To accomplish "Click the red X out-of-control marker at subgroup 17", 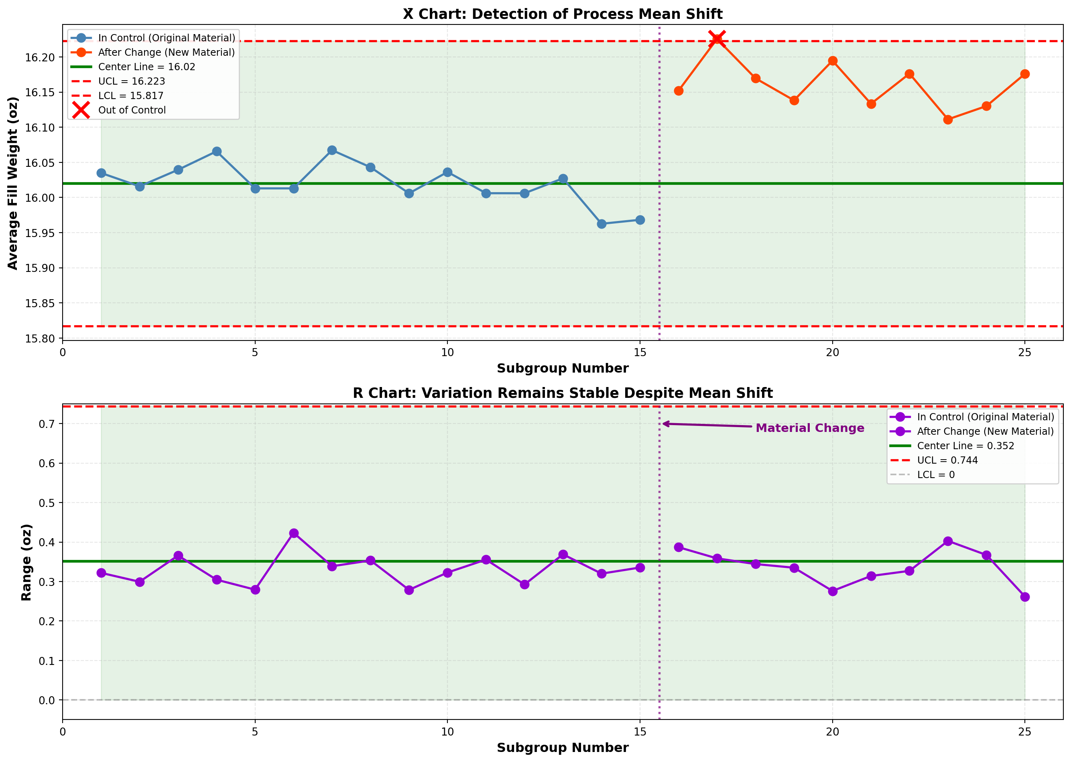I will (717, 39).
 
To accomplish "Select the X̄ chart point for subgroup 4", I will (216, 152).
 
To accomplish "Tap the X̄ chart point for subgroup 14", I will (602, 224).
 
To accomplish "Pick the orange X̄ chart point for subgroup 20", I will (833, 61).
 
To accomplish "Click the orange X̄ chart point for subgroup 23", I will (948, 120).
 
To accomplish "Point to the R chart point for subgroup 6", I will (294, 533).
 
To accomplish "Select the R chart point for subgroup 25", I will (1025, 597).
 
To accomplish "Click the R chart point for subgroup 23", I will (948, 541).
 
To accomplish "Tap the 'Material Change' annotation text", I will (810, 428).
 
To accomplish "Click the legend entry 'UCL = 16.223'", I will (132, 81).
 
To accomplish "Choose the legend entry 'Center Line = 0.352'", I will (965, 446).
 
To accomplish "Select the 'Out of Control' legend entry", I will (132, 110).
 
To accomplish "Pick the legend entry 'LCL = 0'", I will (936, 474).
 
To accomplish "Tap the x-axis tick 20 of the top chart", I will (833, 353).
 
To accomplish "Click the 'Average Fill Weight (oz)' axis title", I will (13, 183).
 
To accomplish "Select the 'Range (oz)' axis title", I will (26, 562).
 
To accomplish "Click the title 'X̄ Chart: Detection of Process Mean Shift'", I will (563, 14).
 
